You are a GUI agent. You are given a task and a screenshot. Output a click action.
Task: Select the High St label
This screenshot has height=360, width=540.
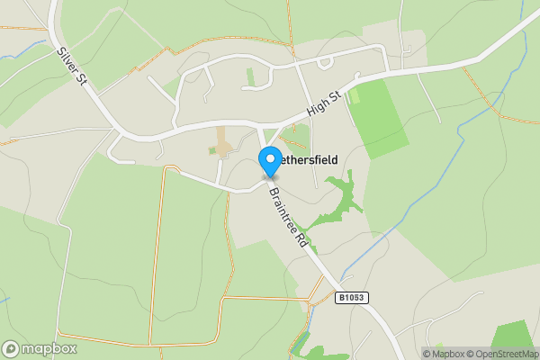coord(324,103)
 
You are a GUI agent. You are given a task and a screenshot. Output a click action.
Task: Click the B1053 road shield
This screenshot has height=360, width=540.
coord(353,297)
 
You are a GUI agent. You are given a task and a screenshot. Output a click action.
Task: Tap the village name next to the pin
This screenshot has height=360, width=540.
coord(310,160)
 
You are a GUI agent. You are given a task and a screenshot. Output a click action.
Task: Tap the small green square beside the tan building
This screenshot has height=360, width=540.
coord(212,150)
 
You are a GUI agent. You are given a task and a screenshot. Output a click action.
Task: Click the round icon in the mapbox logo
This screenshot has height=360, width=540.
coord(11,348)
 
